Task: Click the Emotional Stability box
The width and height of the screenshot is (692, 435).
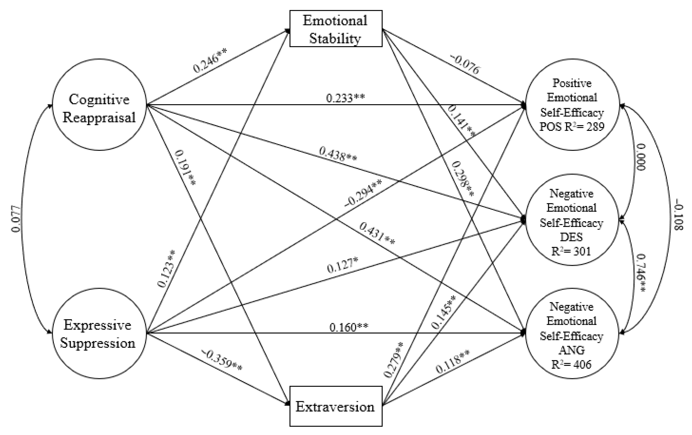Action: pos(335,29)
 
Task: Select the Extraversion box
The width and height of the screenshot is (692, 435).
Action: pos(335,406)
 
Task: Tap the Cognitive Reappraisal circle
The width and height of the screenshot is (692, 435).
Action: pos(99,105)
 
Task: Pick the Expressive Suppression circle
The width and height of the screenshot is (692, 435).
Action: pos(99,333)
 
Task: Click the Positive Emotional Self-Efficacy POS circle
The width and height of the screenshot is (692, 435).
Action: pos(572,105)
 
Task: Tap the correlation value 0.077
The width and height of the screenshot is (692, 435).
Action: pos(16,219)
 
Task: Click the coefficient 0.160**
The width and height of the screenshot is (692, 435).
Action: pos(349,327)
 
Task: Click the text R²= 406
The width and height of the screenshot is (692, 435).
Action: pos(571,365)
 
